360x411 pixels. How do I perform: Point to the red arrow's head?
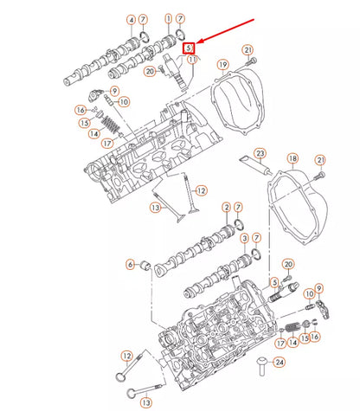196,43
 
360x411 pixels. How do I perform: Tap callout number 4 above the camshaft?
132,19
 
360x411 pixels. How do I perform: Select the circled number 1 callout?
167,18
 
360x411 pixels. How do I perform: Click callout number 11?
193,59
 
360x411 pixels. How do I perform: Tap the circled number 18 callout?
292,159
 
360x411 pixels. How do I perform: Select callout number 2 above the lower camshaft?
226,208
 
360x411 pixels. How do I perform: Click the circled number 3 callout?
245,238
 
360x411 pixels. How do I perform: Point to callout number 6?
132,264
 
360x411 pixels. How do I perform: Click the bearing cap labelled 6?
157,264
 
